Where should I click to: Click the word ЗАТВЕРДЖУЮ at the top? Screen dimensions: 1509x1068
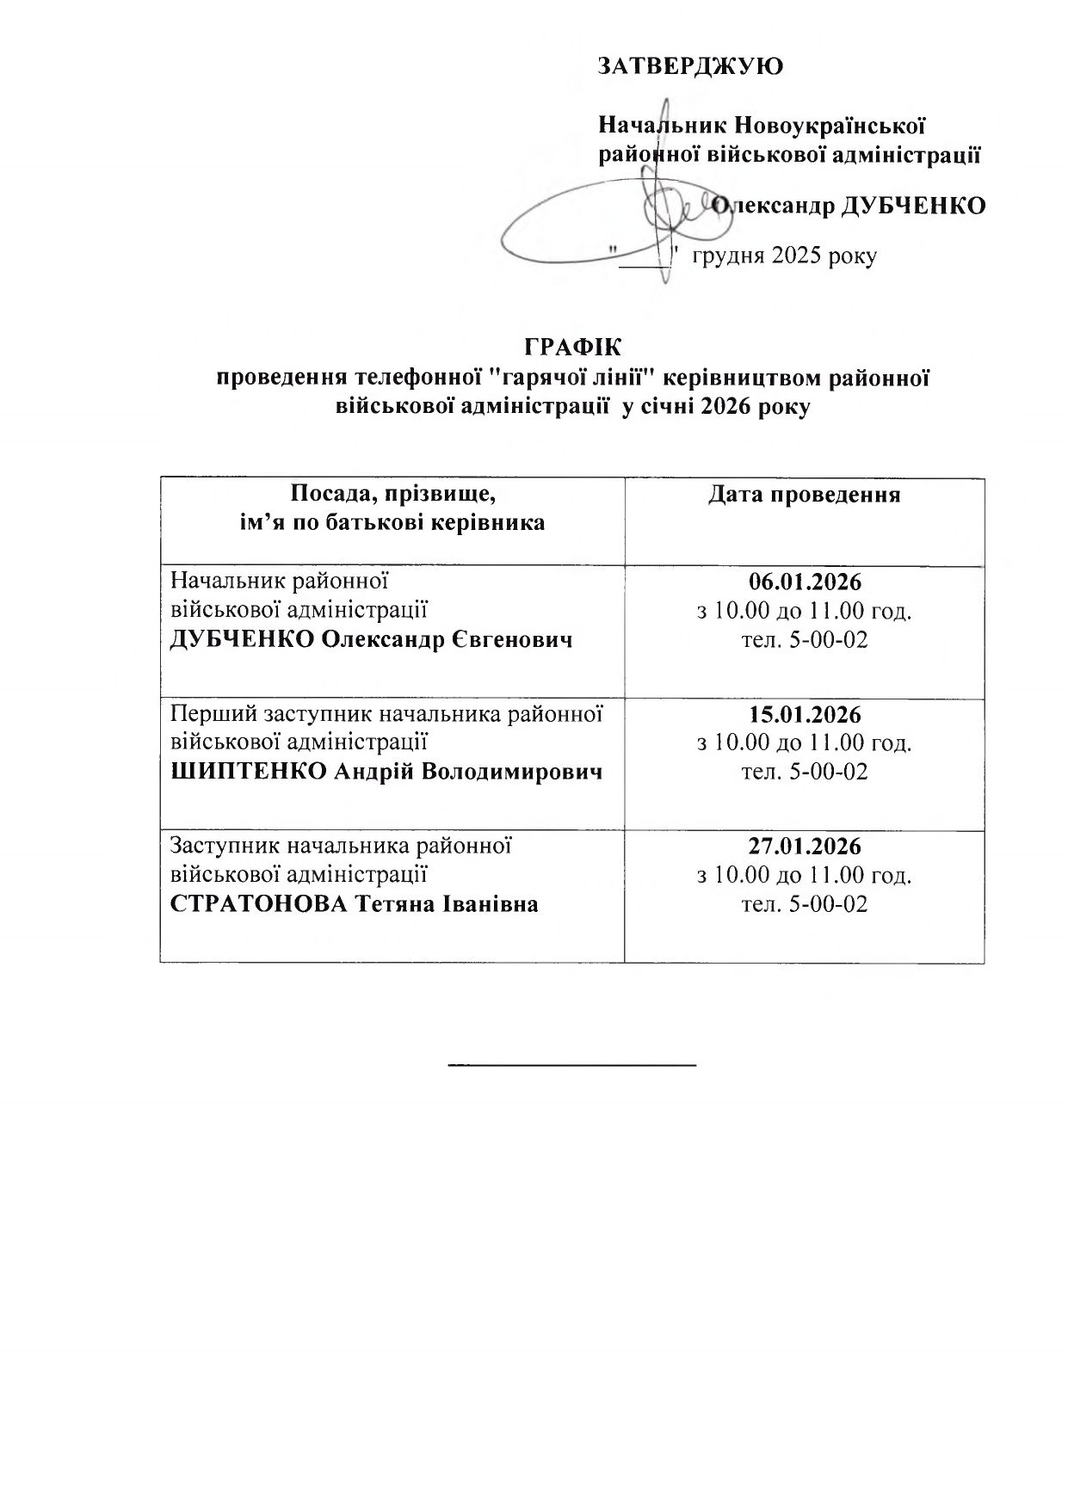click(x=690, y=66)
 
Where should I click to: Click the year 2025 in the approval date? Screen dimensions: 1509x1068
click(x=796, y=256)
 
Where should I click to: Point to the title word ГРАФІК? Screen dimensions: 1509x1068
click(x=572, y=347)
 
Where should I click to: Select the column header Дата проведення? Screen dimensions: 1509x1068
click(x=804, y=495)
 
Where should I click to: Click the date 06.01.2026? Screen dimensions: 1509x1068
click(x=804, y=582)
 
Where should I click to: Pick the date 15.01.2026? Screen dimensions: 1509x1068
click(x=804, y=714)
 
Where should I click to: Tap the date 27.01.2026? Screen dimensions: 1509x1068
click(x=804, y=846)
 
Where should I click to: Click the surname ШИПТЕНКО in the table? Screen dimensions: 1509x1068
click(x=249, y=772)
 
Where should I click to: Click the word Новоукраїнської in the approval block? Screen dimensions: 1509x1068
click(x=830, y=126)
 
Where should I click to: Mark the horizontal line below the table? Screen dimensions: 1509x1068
click(x=571, y=1065)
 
